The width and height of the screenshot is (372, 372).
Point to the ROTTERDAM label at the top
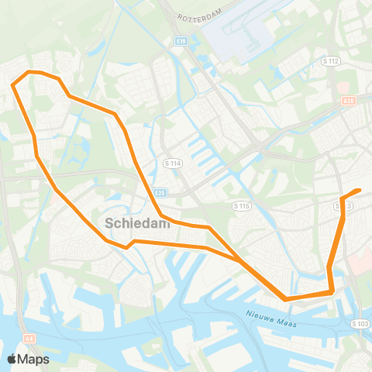tap(199, 17)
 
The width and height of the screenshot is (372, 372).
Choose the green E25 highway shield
tap(160, 193)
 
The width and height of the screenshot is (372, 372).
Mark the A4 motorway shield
tap(30, 338)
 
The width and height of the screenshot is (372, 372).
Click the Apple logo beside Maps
tap(12, 359)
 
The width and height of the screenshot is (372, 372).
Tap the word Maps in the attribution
tap(33, 359)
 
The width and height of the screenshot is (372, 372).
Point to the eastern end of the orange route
tap(360, 190)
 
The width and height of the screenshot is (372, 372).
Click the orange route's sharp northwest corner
tap(13, 85)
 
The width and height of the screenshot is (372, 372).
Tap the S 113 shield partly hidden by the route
tap(346, 205)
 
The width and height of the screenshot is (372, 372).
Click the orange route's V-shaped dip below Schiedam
tap(126, 247)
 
